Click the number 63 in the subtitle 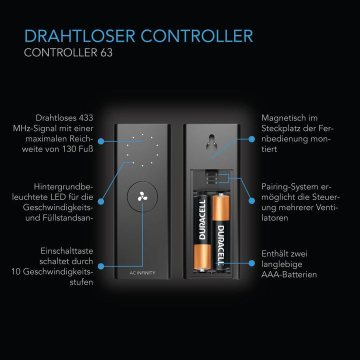(106, 52)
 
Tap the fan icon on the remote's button (142, 196)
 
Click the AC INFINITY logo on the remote (142, 273)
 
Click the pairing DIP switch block (211, 177)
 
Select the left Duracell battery (202, 233)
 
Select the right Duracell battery (220, 231)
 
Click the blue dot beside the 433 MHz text (101, 141)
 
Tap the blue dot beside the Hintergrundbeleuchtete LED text (101, 201)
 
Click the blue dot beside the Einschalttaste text (101, 266)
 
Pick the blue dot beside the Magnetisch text (252, 139)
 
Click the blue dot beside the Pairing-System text (252, 200)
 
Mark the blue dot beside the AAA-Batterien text (252, 263)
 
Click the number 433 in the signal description (86, 118)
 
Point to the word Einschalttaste (67, 251)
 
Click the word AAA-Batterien (289, 274)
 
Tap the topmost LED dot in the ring (142, 134)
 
